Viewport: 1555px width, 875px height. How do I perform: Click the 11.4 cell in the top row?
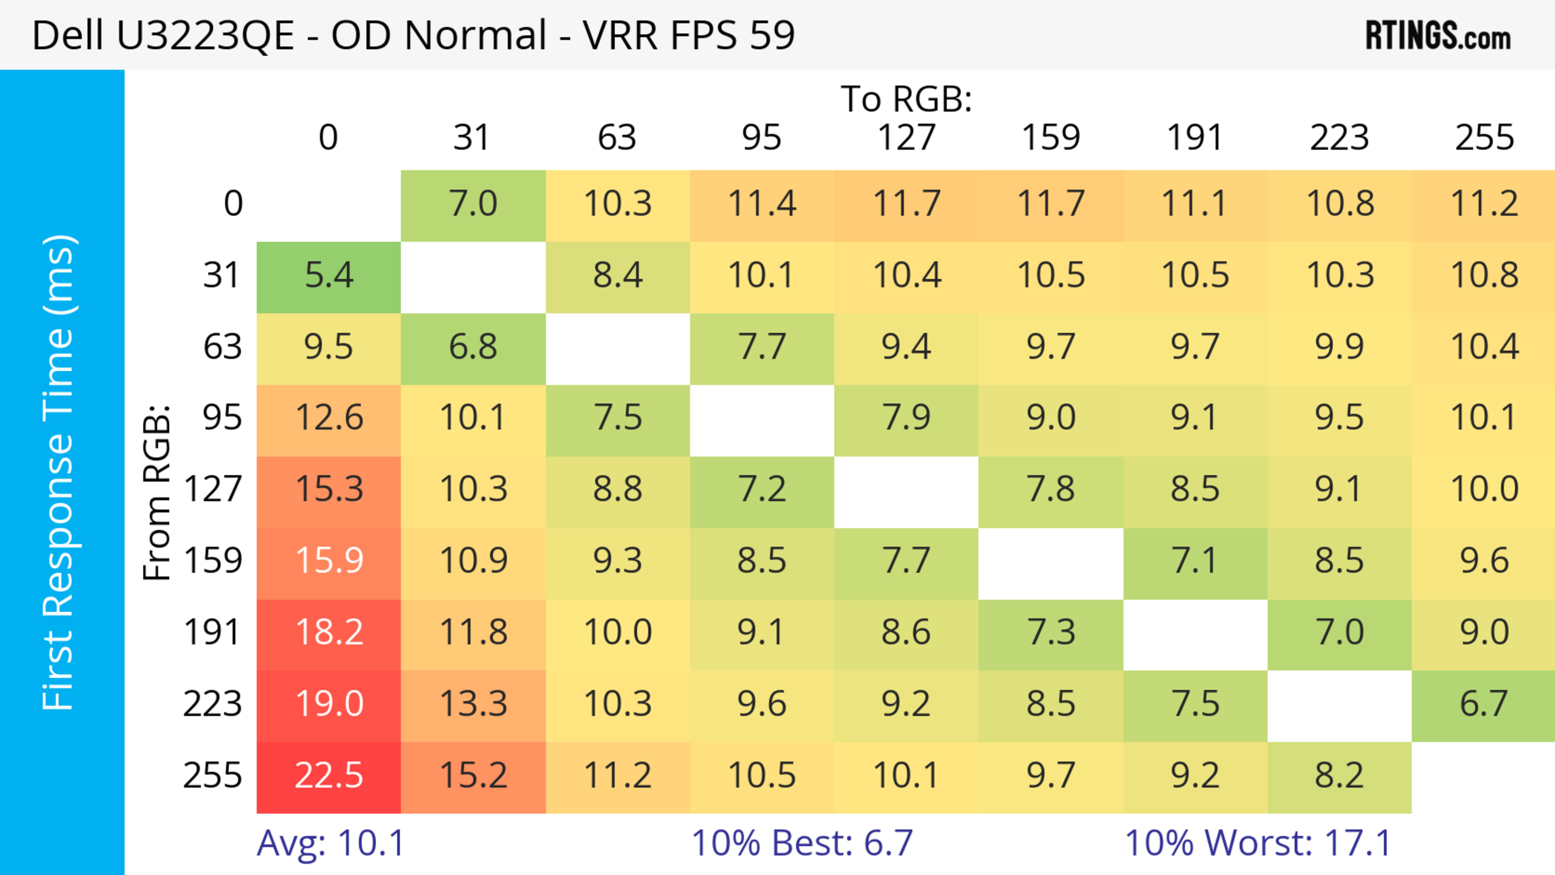point(761,204)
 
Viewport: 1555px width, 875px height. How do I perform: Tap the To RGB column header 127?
point(906,138)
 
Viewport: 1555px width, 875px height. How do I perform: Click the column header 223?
point(1339,138)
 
